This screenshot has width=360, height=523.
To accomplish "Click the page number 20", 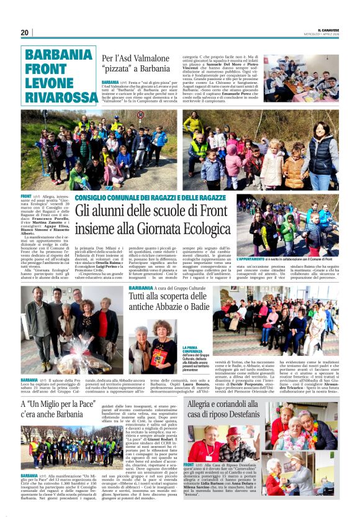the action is [x=24, y=32].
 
